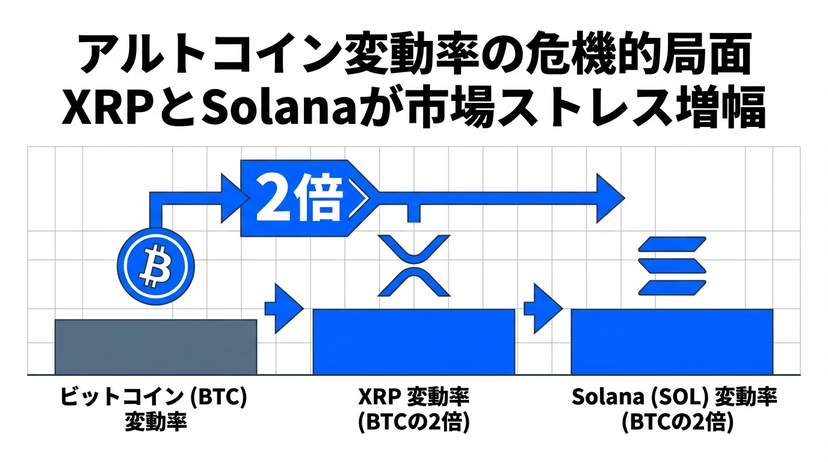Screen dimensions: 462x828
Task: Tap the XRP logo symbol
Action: click(x=414, y=265)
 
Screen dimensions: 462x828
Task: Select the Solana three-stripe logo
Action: click(x=672, y=265)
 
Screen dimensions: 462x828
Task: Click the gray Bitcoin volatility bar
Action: click(x=156, y=346)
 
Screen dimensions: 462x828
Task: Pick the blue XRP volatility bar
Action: click(x=414, y=341)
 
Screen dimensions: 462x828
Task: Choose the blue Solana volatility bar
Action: click(x=672, y=341)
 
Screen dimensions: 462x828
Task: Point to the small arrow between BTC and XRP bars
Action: click(x=285, y=308)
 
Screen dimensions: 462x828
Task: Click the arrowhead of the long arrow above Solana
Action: click(x=609, y=196)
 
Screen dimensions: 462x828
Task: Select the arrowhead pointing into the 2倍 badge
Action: click(x=233, y=196)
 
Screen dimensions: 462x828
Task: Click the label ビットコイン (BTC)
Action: click(x=153, y=398)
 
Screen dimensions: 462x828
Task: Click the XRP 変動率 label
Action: click(x=413, y=398)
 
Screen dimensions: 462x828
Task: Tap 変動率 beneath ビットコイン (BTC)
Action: click(x=155, y=422)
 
